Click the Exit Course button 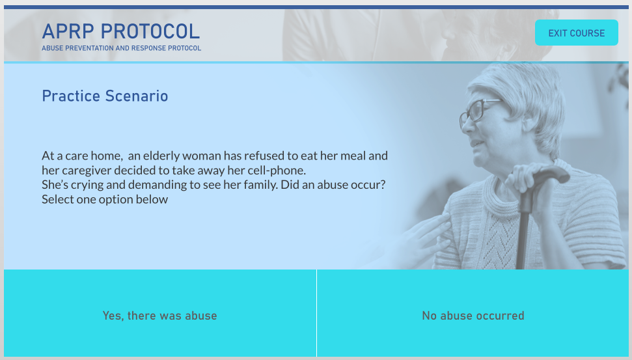click(576, 33)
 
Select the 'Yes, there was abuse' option click(159, 316)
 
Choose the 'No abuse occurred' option click(473, 316)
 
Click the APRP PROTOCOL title click(121, 31)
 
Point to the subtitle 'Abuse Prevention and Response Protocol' click(121, 48)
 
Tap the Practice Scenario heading click(105, 96)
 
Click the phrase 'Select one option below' click(105, 199)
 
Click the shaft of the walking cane click(521, 234)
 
